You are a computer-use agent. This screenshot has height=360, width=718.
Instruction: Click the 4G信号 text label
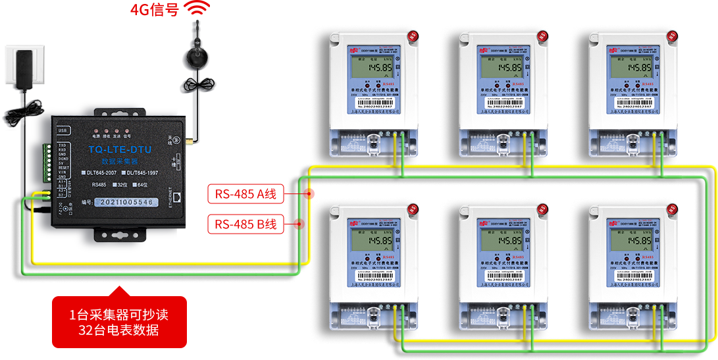tap(154, 9)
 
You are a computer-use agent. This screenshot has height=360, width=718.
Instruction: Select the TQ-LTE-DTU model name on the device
tap(119, 150)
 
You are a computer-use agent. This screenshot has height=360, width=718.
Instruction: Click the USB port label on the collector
tap(64, 130)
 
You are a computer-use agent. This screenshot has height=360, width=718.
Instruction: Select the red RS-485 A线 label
tap(245, 193)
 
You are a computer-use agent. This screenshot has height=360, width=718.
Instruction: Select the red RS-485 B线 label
tap(245, 224)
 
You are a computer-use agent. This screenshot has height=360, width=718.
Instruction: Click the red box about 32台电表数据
tap(119, 322)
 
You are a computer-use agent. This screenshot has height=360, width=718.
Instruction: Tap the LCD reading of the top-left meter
tap(372, 66)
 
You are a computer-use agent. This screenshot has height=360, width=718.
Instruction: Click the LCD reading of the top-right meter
tap(632, 66)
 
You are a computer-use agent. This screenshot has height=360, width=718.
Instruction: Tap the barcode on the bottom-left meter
tap(373, 273)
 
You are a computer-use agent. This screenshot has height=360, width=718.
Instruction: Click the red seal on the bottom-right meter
tap(672, 209)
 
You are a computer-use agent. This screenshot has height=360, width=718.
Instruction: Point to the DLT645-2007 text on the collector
tap(101, 172)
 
